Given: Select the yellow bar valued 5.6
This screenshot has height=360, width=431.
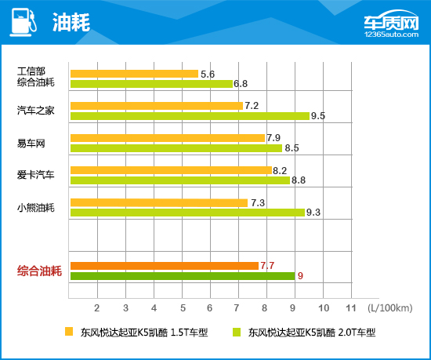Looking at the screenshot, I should pos(134,74).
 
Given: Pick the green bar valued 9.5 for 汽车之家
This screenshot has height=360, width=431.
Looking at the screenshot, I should pos(190,115).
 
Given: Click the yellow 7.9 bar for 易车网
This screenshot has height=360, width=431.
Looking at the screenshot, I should pos(168,138).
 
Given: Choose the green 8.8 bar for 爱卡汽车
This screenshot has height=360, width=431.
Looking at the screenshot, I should pos(179,180).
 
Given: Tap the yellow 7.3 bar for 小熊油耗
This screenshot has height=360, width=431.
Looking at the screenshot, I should pos(159,202).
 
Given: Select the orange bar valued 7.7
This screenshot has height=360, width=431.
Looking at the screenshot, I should pos(164,265).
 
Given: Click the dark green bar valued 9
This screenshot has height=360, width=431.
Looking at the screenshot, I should pos(182,275).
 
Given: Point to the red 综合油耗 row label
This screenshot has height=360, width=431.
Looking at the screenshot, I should pos(39,271).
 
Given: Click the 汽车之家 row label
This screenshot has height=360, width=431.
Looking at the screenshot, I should pos(36,111).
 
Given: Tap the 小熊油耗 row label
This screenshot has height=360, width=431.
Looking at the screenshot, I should pos(36,207).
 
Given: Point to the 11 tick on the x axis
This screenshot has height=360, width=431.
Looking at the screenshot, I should pos(350,306).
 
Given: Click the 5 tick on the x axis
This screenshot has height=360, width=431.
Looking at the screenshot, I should pos(182,306).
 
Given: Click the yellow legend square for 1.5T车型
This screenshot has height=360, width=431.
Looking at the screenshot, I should pos(69,332).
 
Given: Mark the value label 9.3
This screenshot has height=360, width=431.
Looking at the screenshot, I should pos(315,213).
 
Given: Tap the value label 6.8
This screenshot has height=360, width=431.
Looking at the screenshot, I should pos(241,84).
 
